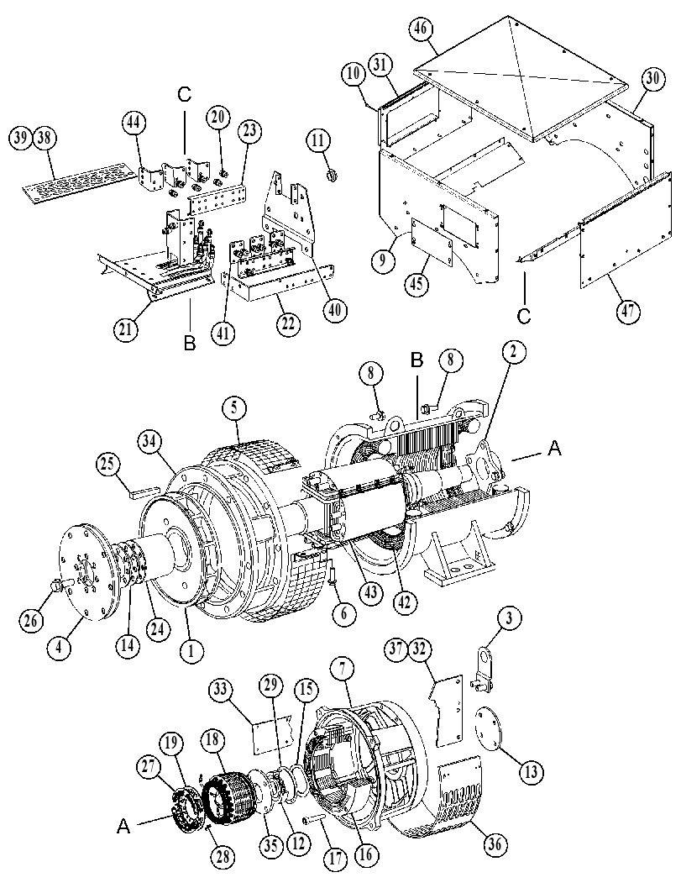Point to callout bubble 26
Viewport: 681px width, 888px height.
[32, 620]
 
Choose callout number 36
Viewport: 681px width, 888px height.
[494, 844]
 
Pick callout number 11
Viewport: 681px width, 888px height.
[321, 139]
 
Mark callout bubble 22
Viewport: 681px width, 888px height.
[288, 324]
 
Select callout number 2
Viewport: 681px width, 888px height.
[513, 352]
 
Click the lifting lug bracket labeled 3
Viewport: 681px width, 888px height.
[482, 671]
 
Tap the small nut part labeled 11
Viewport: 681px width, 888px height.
[331, 176]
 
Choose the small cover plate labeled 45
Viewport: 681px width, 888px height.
[432, 243]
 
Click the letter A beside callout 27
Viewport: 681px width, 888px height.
[123, 827]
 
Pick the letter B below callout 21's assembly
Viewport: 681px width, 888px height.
[191, 342]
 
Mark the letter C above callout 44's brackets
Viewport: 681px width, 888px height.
[185, 93]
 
